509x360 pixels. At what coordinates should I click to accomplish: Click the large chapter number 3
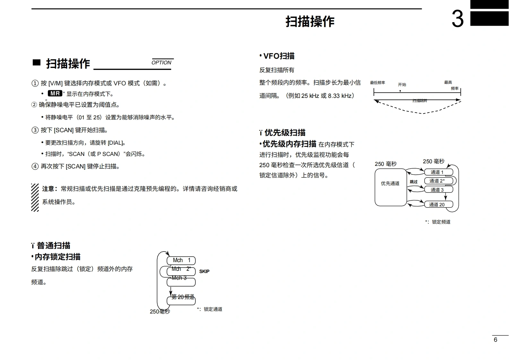(x=458, y=19)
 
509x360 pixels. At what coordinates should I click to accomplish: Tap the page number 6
(x=495, y=340)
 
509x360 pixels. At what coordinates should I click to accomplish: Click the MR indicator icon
(x=55, y=93)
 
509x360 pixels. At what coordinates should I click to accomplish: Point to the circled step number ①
(x=35, y=83)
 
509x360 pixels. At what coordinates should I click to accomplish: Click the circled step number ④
(x=35, y=167)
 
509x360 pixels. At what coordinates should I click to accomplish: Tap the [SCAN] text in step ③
(x=64, y=130)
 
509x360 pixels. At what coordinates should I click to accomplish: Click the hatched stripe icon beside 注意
(x=35, y=197)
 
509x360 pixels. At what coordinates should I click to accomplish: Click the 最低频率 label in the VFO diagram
(x=377, y=83)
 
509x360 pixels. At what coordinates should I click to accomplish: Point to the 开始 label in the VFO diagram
(x=402, y=85)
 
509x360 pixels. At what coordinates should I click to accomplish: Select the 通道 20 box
(x=438, y=204)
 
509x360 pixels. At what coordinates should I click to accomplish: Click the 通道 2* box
(x=438, y=181)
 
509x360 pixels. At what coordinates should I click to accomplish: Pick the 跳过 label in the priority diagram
(x=414, y=182)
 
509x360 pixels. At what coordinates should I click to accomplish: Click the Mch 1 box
(x=181, y=260)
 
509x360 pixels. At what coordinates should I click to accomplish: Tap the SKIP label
(x=204, y=271)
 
